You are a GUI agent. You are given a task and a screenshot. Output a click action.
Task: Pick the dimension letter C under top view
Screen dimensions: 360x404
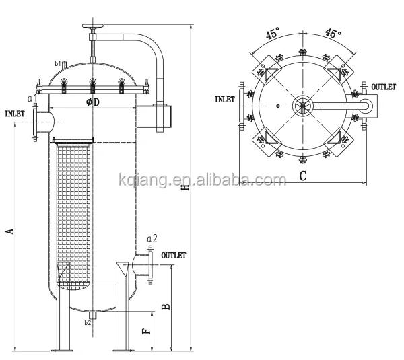click(x=303, y=177)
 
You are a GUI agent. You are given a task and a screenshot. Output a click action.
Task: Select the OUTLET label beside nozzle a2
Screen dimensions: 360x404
click(x=173, y=255)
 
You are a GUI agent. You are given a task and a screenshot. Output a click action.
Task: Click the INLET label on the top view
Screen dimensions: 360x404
click(x=224, y=99)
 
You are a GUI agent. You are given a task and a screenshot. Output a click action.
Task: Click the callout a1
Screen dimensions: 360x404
click(x=32, y=99)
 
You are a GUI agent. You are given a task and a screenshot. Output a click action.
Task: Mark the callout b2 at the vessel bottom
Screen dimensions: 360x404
click(x=88, y=323)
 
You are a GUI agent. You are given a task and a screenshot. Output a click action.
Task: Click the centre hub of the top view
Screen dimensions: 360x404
click(x=302, y=105)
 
